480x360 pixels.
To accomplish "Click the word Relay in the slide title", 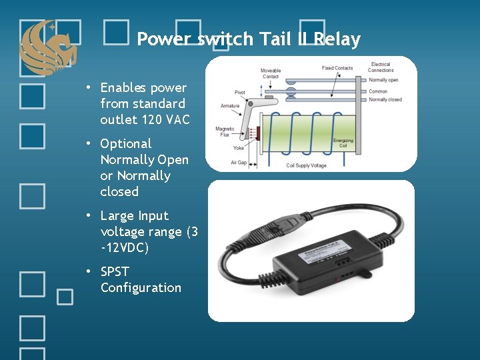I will point(338,39).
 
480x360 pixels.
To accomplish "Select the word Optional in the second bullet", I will point(126,143).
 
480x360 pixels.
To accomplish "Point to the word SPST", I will point(115,272).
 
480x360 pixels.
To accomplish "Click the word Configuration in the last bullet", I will point(141,288).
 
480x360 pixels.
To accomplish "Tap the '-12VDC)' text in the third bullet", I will point(125,248).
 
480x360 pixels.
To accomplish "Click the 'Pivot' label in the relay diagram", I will point(240,92).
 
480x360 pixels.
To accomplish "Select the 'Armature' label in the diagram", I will point(230,106).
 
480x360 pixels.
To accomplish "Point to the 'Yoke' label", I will point(238,148).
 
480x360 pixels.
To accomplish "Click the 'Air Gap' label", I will point(238,162).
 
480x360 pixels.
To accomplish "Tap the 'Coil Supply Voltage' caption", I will point(306,165).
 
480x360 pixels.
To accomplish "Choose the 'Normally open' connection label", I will point(383,80).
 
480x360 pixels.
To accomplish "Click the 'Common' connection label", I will point(378,91).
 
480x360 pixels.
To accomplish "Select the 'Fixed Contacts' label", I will point(337,68).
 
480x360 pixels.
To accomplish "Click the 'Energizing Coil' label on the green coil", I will point(344,143).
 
